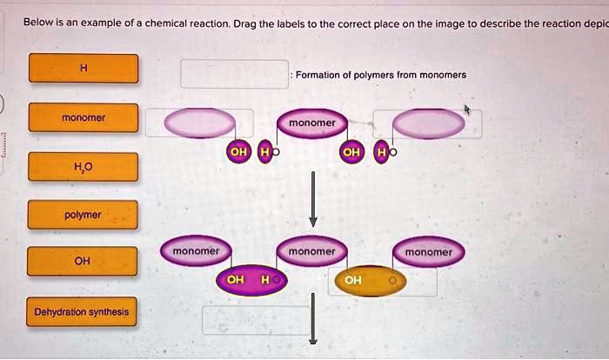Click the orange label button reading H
coord(84,69)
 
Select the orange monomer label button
coord(84,117)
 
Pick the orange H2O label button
coord(84,166)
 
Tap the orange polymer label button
coord(84,214)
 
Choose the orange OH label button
coord(84,261)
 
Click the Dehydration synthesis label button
coord(82,311)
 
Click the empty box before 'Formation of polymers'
coord(234,74)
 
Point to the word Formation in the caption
coord(318,75)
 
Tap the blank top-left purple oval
coord(199,123)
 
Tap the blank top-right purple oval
coord(429,123)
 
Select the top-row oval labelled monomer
coord(312,123)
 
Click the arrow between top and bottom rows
coord(313,200)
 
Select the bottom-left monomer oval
coord(197,251)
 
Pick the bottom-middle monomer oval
coord(312,251)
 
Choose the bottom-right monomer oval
coord(429,252)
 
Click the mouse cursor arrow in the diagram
coord(468,110)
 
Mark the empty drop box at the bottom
coord(256,320)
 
